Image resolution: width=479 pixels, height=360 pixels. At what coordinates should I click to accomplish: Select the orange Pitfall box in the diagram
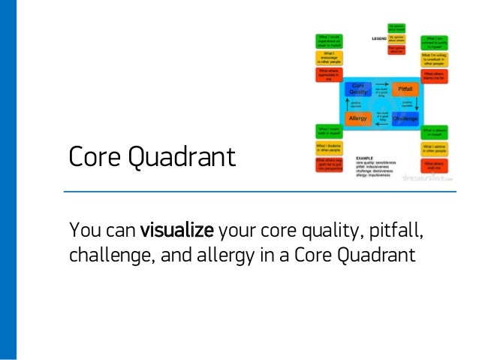coord(403,89)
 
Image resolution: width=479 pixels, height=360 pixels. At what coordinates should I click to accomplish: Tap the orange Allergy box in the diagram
coord(358,119)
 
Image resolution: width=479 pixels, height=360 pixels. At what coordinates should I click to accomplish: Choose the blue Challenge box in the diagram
coord(403,119)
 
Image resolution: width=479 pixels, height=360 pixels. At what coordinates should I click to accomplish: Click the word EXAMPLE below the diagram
coord(386,158)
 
